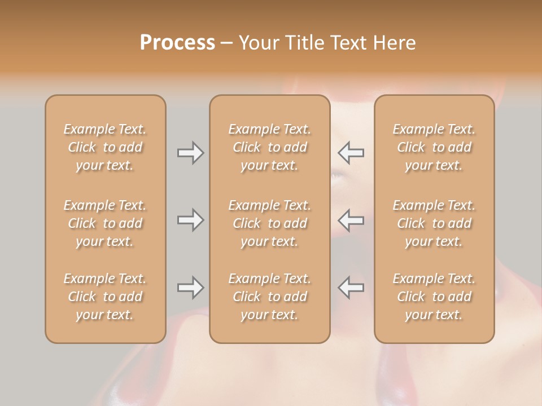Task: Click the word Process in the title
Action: tap(177, 43)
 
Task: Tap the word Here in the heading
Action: tap(394, 43)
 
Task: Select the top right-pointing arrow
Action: tap(191, 153)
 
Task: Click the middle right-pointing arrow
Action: tap(191, 220)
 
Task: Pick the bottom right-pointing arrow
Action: tap(191, 288)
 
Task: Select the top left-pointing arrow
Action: tap(351, 153)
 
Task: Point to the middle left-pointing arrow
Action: tap(351, 220)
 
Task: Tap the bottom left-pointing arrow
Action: tap(351, 288)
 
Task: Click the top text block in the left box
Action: tap(105, 147)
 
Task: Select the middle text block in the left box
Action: tap(105, 223)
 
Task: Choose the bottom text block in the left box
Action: tap(105, 297)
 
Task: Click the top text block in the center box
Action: tap(270, 147)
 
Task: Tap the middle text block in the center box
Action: tap(270, 223)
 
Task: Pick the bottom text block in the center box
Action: tap(270, 297)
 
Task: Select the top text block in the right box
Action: tap(434, 147)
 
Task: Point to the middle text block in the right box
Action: tap(434, 223)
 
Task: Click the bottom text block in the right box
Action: tap(434, 297)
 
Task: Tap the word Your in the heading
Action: tap(257, 43)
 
